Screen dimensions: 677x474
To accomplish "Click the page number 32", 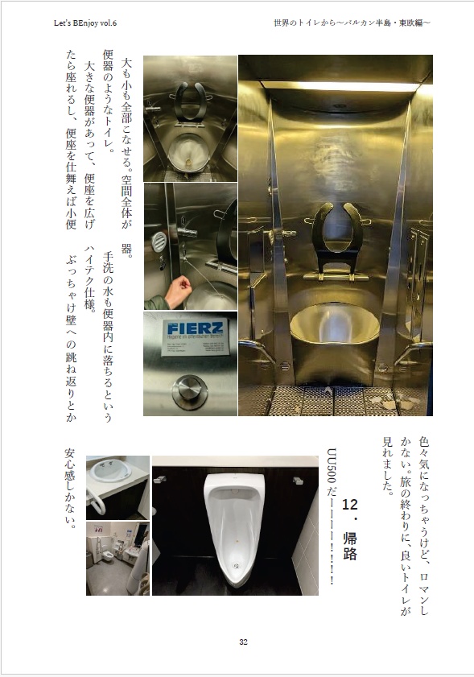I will pyautogui.click(x=242, y=642).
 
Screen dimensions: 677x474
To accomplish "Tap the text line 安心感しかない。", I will pyautogui.click(x=70, y=495).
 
